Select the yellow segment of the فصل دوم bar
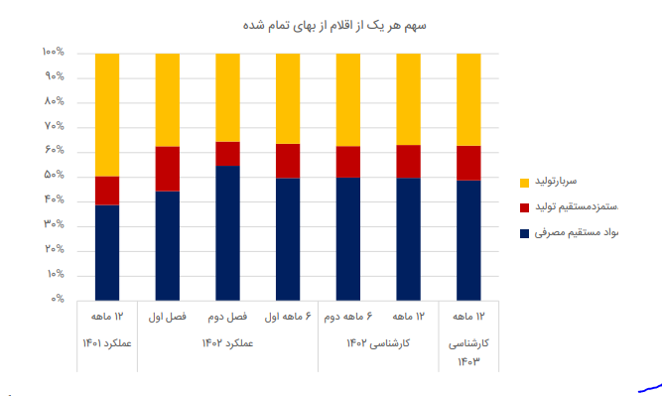[x=227, y=97]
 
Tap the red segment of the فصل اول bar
[x=168, y=169]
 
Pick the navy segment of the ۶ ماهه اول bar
[x=288, y=238]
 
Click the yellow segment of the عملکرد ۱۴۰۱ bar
[x=107, y=114]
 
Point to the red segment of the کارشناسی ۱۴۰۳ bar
[x=468, y=163]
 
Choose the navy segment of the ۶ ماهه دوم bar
[x=348, y=238]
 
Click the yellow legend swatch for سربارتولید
[x=524, y=183]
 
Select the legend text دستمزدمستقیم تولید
[x=577, y=207]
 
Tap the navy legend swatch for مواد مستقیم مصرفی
[x=524, y=233]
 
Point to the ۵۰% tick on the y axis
[x=54, y=176]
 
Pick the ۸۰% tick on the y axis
[x=54, y=101]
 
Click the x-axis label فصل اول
[x=168, y=318]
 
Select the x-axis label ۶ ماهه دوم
[x=348, y=318]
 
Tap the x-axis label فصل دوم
[x=227, y=318]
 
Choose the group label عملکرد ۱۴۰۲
[x=227, y=342]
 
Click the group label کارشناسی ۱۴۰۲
[x=378, y=342]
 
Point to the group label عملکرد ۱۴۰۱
[x=107, y=342]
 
